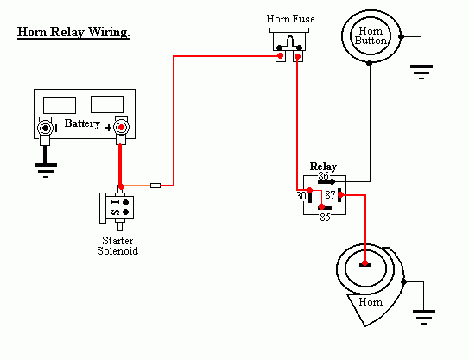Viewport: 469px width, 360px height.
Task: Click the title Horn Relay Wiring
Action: click(73, 32)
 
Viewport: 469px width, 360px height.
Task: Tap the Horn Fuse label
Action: click(290, 19)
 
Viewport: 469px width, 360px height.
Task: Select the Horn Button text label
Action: click(371, 35)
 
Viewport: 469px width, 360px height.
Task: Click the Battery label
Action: click(82, 123)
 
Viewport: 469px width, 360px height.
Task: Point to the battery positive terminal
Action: click(121, 128)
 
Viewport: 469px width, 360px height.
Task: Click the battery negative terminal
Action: click(45, 129)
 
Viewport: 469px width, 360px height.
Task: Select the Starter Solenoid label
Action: click(117, 246)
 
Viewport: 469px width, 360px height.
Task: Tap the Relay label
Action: click(323, 167)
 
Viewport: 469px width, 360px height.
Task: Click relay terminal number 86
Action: click(323, 175)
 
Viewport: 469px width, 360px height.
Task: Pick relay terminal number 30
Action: click(301, 196)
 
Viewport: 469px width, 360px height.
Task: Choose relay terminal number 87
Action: click(330, 195)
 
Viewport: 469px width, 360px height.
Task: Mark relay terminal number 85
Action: click(325, 218)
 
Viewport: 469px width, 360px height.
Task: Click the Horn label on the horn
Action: click(371, 302)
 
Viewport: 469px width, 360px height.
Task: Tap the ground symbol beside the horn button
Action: click(421, 72)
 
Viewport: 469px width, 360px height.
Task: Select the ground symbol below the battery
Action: click(46, 170)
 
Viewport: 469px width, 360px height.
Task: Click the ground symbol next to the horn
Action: click(424, 317)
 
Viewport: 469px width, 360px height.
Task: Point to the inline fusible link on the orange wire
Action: click(155, 186)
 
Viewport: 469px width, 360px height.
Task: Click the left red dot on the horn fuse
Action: click(280, 55)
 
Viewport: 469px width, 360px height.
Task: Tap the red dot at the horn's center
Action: click(364, 263)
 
